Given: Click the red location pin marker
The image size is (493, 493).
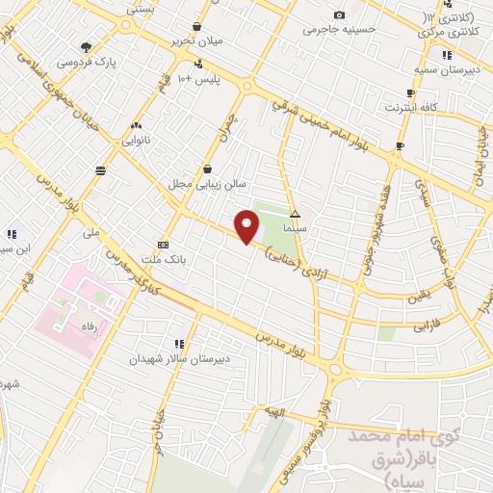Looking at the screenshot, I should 247,226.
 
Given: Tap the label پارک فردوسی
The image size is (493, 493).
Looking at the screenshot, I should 86,62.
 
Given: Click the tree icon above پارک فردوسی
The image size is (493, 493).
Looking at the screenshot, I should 87,46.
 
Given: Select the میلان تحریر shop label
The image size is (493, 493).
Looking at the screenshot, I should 196,40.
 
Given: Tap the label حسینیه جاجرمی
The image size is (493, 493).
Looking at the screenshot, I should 339,29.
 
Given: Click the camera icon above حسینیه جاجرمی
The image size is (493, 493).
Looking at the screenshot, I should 339,14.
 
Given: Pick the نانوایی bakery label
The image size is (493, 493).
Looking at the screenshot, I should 136,140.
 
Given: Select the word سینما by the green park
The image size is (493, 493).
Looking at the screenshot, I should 295,229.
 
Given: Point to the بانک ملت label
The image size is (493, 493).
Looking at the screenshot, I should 161,259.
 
